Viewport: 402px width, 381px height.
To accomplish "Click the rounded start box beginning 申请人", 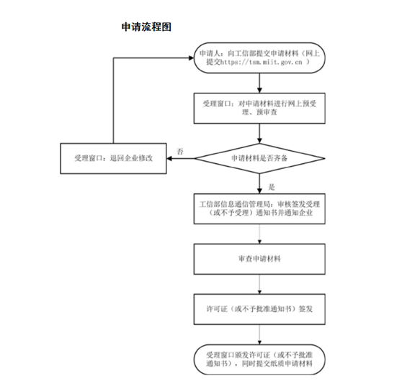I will [x=257, y=58].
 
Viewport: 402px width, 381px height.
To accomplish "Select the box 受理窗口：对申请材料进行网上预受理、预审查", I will [x=257, y=109].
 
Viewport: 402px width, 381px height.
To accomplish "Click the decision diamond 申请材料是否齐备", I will [x=257, y=157].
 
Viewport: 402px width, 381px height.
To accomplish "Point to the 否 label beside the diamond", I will [x=180, y=150].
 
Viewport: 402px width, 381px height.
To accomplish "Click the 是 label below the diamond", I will [x=262, y=186].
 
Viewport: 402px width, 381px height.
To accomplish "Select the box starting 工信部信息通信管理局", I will [x=257, y=209].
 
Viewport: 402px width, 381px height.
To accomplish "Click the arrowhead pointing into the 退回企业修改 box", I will [x=171, y=157].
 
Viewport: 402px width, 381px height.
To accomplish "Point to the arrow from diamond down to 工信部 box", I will [x=257, y=183].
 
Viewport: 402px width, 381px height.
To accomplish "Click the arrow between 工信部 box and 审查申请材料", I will [x=257, y=234].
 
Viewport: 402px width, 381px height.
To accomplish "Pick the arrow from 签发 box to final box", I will [x=257, y=335].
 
